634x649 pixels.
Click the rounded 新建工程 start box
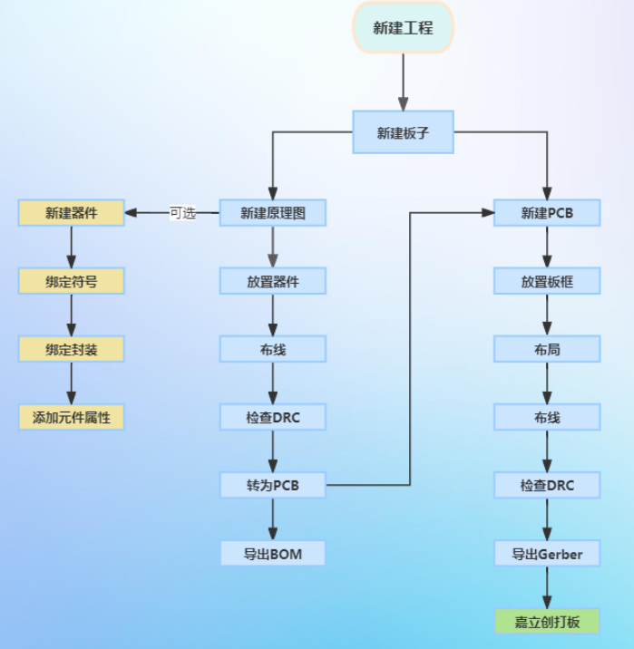pos(402,27)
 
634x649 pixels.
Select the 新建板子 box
pos(402,133)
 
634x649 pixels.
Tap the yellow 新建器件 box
pos(71,213)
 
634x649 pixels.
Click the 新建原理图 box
pos(272,213)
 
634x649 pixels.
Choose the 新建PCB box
pos(547,213)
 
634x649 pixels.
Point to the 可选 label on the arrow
pos(182,213)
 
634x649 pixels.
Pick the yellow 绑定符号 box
pos(71,281)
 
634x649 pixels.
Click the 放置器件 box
pos(272,281)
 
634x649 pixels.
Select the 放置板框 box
pos(547,281)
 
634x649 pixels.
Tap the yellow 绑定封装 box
pos(71,349)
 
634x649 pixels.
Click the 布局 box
pos(547,349)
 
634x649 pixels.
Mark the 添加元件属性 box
pos(71,417)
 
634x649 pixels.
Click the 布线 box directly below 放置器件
pos(272,349)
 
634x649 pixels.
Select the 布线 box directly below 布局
pos(547,417)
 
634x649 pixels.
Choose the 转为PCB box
pos(272,485)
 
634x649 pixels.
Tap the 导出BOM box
pos(272,553)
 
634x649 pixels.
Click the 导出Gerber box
pos(547,553)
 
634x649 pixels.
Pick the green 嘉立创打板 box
pos(547,621)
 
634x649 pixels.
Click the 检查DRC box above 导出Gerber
pos(547,485)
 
